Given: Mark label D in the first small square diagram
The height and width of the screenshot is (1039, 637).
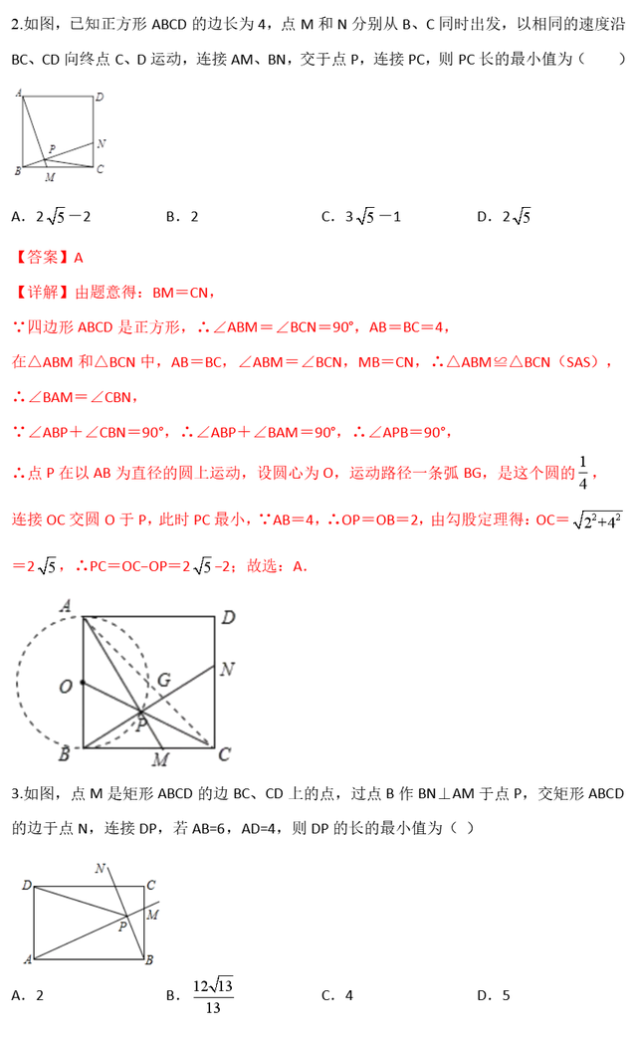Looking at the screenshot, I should coord(100,98).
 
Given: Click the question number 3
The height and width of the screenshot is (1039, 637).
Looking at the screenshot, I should coord(15,793).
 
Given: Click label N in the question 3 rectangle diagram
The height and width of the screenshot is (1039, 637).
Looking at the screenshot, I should coord(100,869).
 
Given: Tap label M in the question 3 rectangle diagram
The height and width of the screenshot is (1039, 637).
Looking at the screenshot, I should coord(152,914).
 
